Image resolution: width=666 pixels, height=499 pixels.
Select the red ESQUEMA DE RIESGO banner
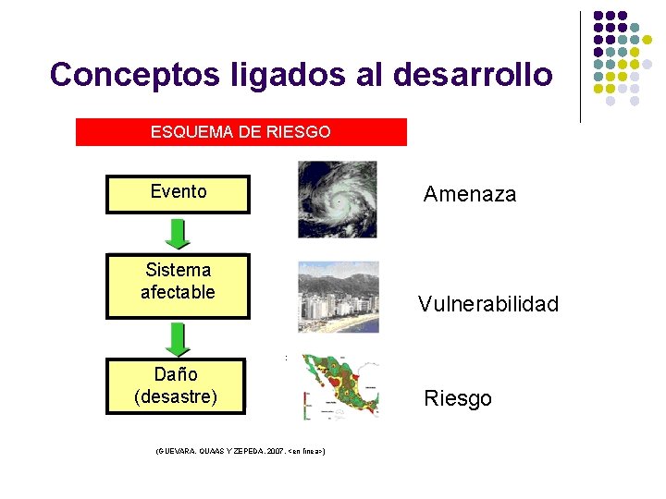pos(240,132)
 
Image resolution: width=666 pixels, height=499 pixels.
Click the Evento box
pos(178,193)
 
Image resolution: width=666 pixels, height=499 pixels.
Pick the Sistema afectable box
pos(178,285)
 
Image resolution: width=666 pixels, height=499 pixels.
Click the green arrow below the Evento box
pos(179,233)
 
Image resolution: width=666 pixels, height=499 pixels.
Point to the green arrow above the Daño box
pos(179,339)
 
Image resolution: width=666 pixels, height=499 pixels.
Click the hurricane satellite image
pos(338,200)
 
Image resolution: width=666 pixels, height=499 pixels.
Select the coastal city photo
pos(338,297)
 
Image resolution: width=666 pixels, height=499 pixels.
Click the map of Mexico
pos(339,388)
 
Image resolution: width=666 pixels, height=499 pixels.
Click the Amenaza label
pos(469,194)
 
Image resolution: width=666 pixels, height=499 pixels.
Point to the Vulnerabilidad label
pos(487,304)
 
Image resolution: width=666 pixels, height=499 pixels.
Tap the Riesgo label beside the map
pos(457,399)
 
